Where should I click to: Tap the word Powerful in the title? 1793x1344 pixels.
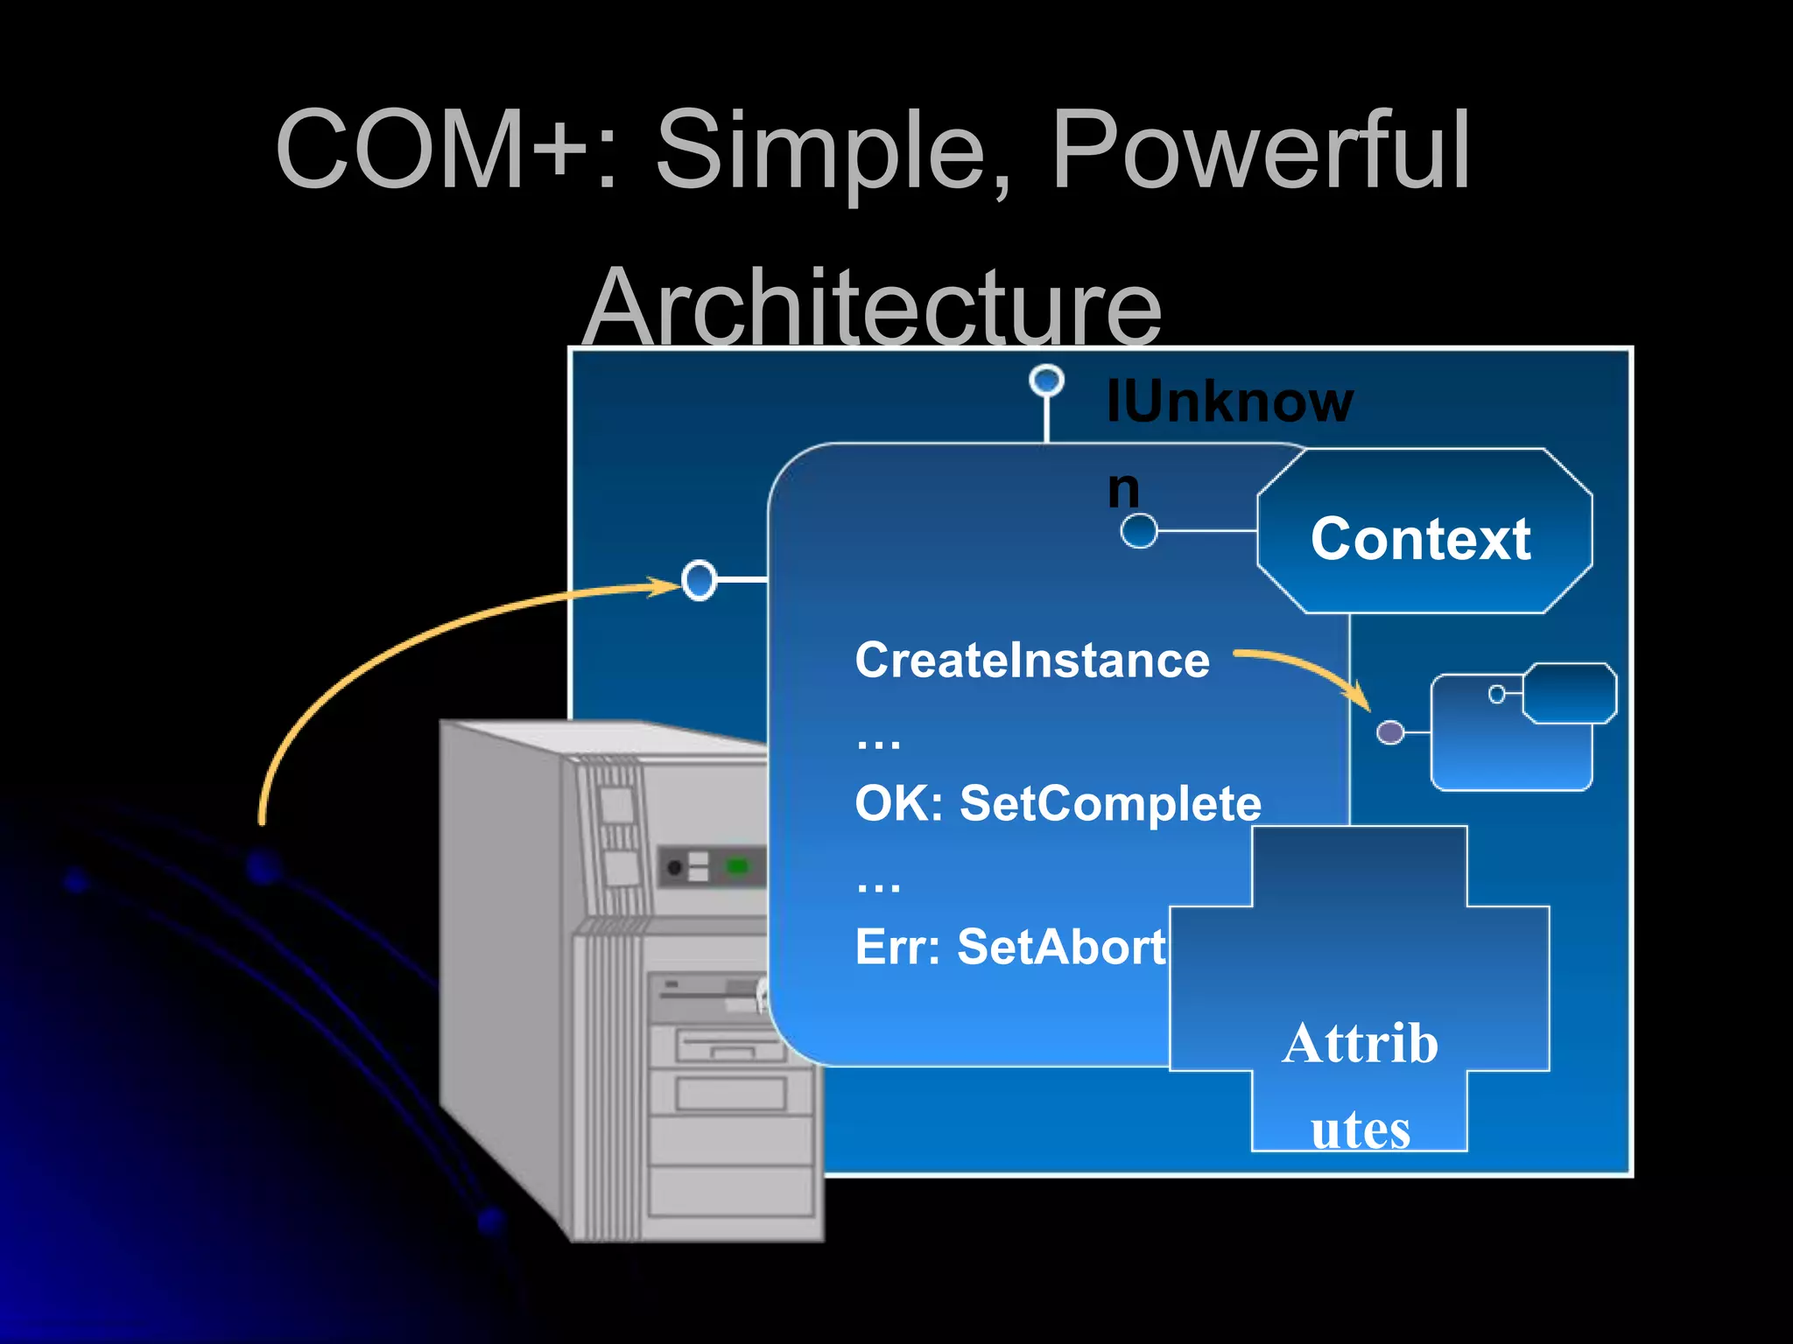(1261, 150)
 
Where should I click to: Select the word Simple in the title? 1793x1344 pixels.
(823, 150)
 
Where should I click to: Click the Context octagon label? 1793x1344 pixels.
(1420, 538)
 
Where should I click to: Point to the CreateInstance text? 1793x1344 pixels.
(1031, 660)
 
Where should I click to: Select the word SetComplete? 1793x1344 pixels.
(1110, 803)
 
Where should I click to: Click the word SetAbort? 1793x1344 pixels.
(1061, 947)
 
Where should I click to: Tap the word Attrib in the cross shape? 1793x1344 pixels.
(1360, 1043)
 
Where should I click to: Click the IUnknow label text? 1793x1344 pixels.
(1229, 402)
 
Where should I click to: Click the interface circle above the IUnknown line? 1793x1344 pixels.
(1046, 381)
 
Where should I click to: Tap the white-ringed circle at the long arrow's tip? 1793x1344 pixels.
(699, 580)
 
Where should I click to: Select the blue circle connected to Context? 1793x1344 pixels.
(1139, 530)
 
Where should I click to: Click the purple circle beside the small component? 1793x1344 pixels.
(1390, 732)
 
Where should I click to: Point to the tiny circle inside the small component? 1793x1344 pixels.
(1497, 694)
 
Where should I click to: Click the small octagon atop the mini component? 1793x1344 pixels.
(1570, 693)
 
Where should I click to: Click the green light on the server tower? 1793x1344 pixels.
(738, 866)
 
